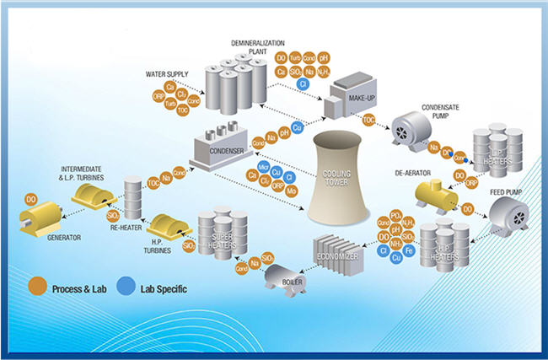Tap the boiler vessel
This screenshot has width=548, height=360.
pos(284,277)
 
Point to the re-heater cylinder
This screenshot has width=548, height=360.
pos(132,195)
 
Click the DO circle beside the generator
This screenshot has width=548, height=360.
pos(31,199)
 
